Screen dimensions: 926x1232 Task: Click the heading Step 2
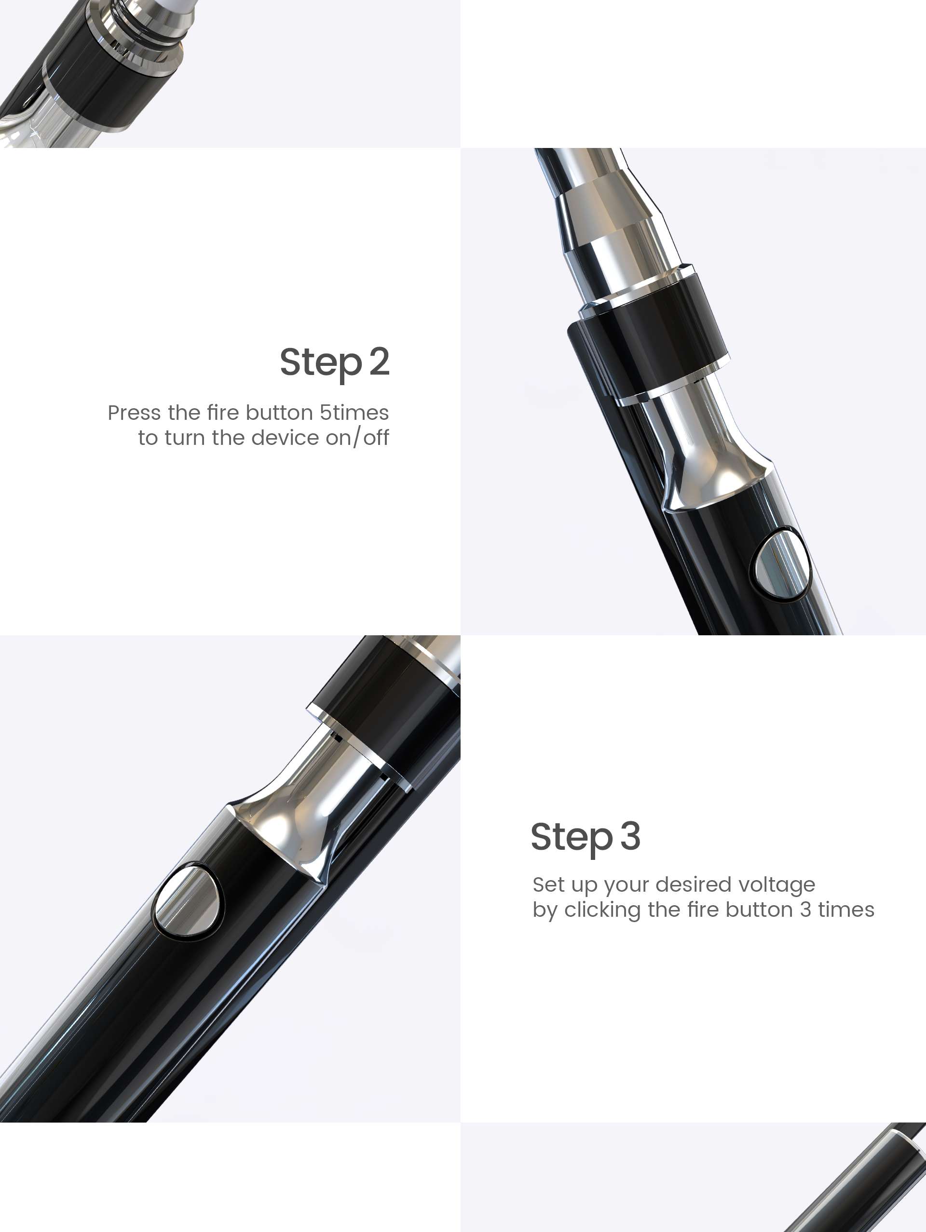pos(334,363)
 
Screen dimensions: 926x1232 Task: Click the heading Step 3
pos(586,837)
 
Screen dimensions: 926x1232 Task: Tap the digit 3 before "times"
pos(805,910)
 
